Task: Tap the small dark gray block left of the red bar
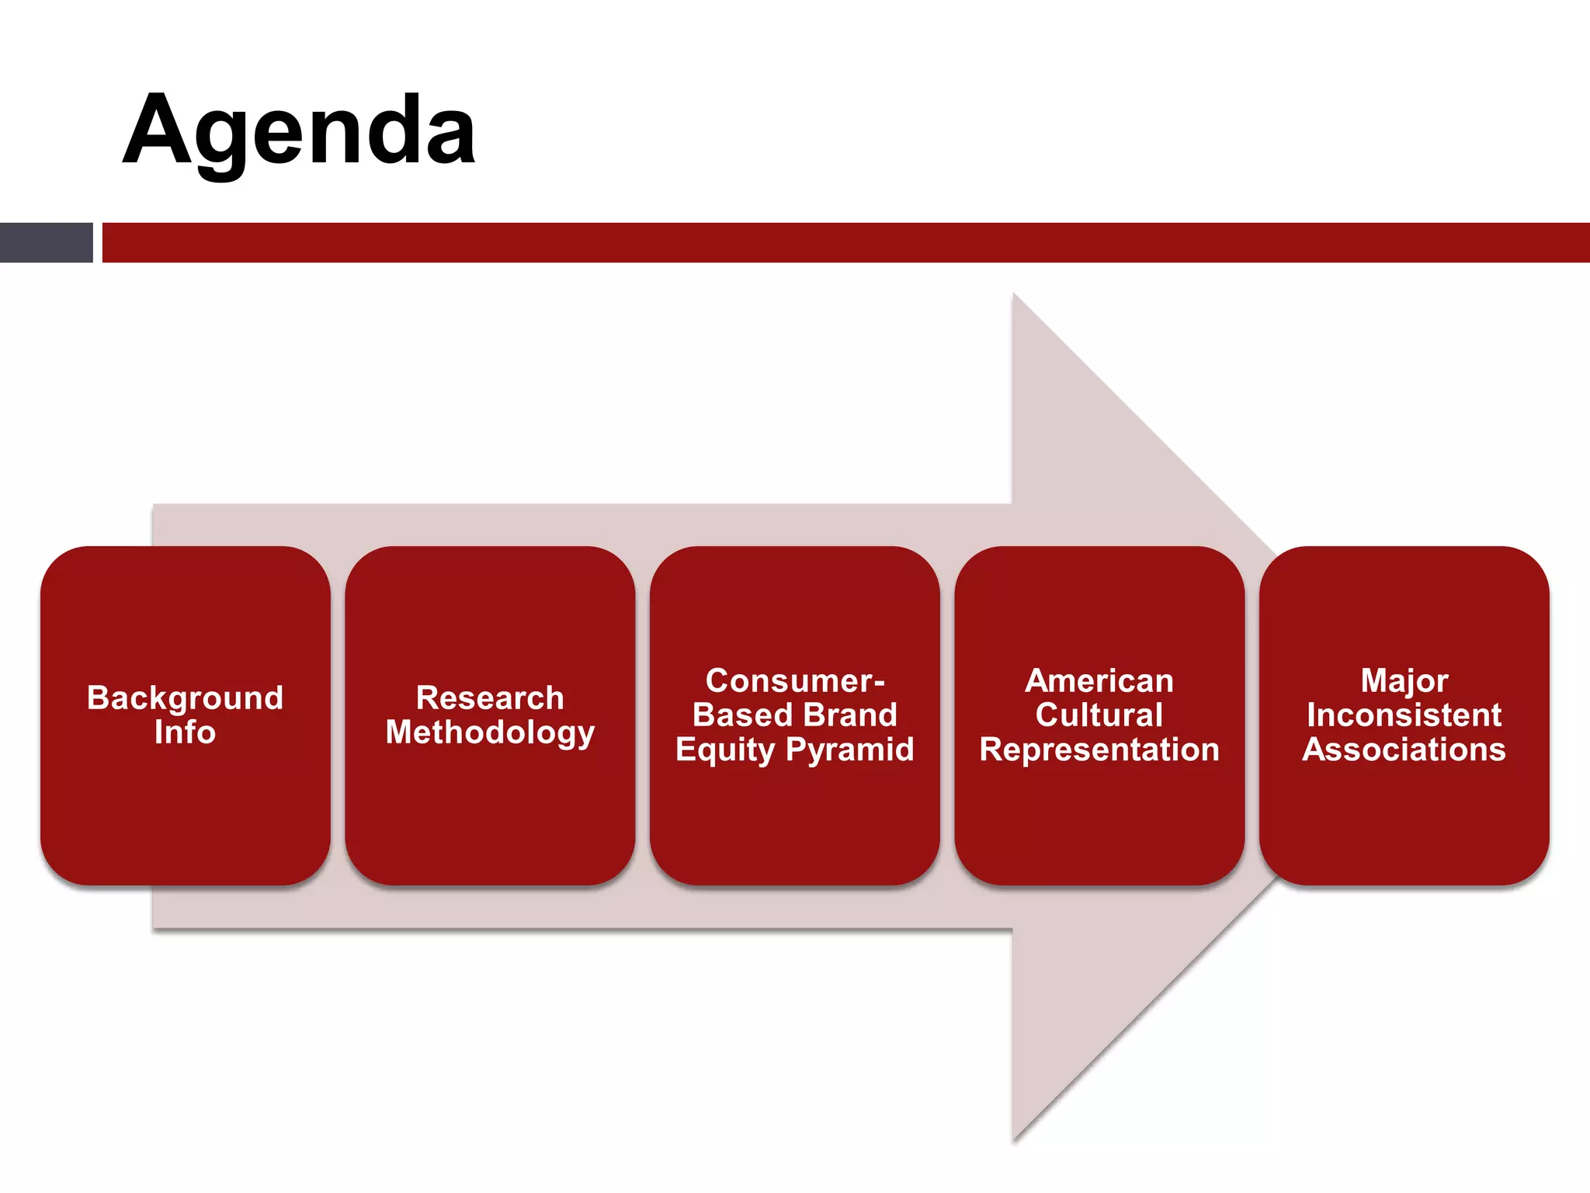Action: point(46,242)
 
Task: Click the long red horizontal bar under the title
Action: point(845,242)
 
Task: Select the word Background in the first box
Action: point(185,697)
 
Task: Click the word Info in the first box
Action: point(185,732)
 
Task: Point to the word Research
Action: point(490,697)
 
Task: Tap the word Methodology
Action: point(490,732)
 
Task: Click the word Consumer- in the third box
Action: point(795,680)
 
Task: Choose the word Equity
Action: point(725,750)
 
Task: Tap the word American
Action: point(1099,680)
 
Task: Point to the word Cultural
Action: point(1099,715)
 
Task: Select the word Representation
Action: point(1099,750)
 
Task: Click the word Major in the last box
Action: point(1404,680)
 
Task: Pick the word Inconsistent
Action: point(1404,715)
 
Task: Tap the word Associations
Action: point(1404,750)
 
